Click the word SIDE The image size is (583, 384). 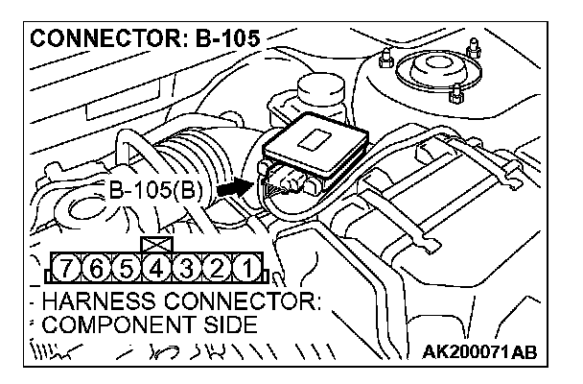[225, 325]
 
